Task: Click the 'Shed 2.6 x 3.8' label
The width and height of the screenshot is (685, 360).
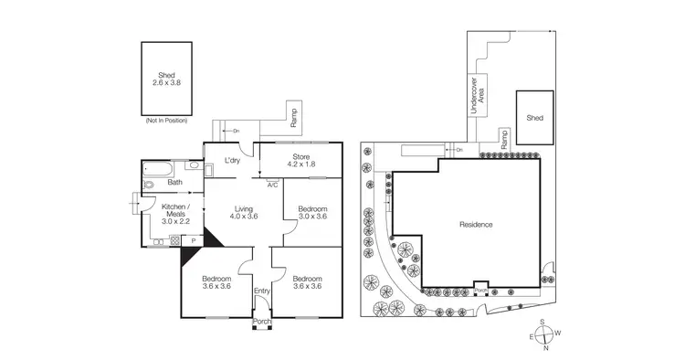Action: click(x=165, y=79)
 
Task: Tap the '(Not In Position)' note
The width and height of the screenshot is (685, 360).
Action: click(x=165, y=121)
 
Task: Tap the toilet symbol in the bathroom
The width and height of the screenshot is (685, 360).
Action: click(x=149, y=185)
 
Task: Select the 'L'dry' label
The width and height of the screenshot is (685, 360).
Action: click(x=232, y=162)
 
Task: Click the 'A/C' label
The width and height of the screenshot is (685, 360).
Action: click(x=272, y=185)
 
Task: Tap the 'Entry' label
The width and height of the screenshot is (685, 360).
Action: click(x=262, y=291)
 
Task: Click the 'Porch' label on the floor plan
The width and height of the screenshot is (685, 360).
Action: click(x=262, y=321)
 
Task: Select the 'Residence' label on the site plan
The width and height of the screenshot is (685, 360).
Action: click(x=475, y=224)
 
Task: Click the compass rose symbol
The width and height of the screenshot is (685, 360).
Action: click(x=544, y=334)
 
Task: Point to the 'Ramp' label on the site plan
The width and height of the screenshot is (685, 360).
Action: click(x=502, y=139)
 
